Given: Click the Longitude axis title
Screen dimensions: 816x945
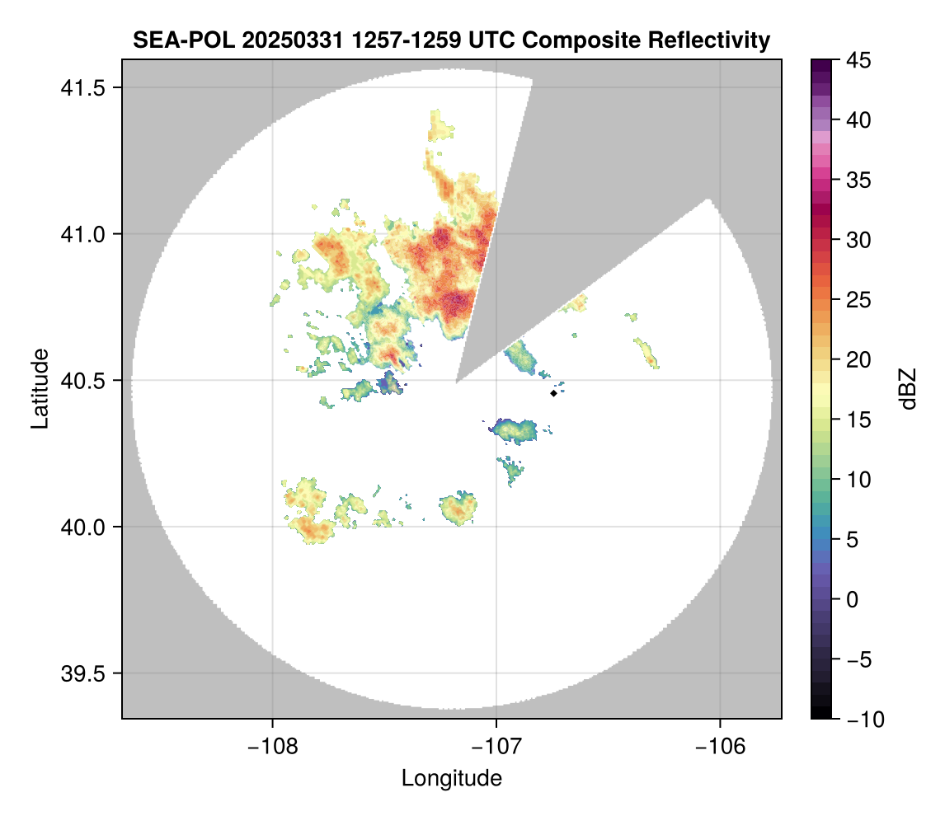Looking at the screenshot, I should point(452,777).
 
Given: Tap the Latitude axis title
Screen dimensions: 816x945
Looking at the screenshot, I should point(40,388).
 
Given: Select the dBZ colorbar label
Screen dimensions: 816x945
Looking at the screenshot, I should point(908,389).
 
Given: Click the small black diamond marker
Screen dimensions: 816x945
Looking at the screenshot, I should point(553,393).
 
